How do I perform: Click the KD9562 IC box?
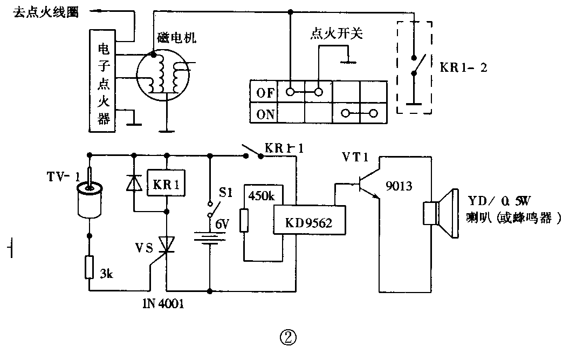310,220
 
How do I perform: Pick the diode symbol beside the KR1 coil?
133,184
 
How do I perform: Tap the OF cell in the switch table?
265,92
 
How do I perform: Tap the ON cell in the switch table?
265,114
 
